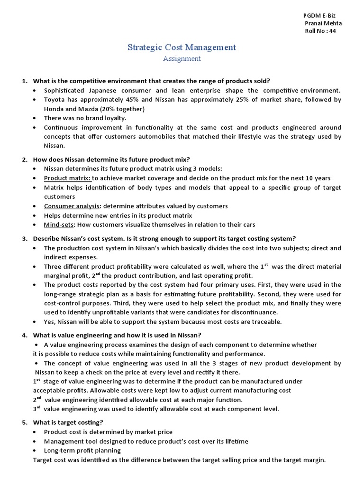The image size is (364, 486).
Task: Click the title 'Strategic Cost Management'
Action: pos(182,47)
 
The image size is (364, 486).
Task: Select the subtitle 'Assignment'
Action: pos(182,59)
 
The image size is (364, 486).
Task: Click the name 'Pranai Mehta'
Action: pos(323,23)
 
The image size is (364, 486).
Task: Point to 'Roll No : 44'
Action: pos(320,31)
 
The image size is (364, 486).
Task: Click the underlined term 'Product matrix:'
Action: pos(67,178)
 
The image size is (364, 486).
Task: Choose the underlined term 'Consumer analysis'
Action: pos(72,206)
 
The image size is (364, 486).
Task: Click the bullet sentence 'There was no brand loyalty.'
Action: pos(85,118)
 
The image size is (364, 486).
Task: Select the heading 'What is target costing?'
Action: pos(68,422)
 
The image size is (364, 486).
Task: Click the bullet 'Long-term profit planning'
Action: pos(82,450)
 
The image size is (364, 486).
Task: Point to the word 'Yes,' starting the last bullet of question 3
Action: pos(50,322)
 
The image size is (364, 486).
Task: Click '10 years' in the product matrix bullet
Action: pos(318,178)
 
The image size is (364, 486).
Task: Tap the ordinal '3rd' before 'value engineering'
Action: pos(36,409)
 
